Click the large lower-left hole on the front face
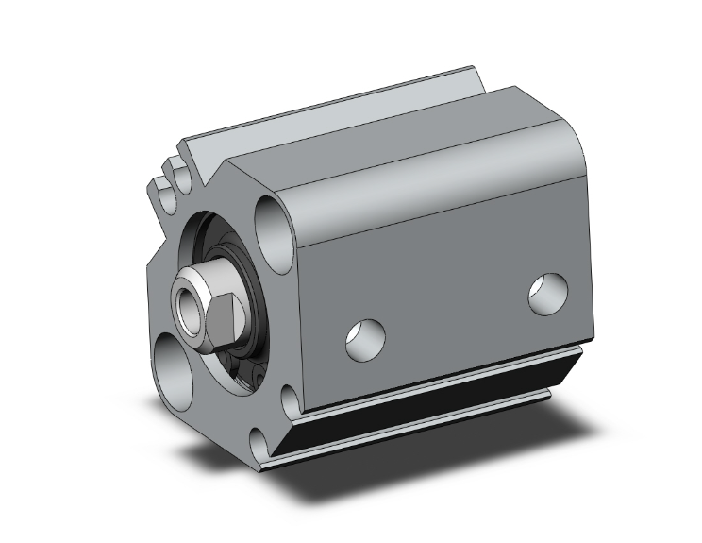pyautogui.click(x=175, y=363)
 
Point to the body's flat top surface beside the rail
pyautogui.click(x=396, y=123)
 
